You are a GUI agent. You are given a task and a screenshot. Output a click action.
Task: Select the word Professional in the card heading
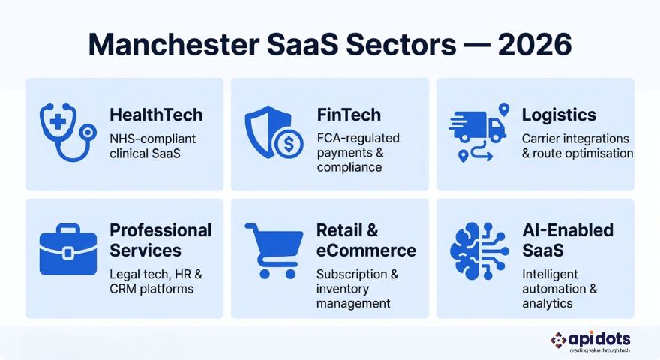point(160,229)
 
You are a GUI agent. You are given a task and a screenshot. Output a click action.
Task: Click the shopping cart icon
point(273,251)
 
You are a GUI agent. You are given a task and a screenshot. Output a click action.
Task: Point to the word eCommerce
point(366,250)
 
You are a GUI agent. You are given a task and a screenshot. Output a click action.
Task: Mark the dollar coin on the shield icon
point(288,142)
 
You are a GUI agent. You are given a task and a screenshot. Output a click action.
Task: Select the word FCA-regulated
point(358,139)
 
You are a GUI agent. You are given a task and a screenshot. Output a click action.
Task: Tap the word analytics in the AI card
point(547,303)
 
